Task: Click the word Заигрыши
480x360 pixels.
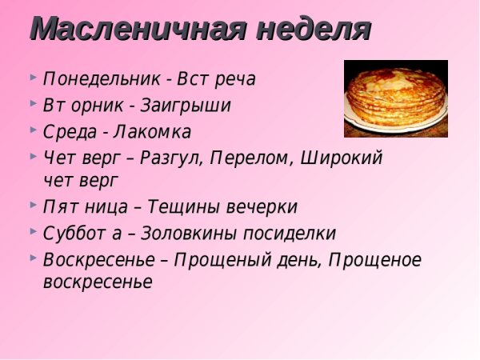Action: point(186,106)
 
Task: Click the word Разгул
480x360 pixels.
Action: point(170,158)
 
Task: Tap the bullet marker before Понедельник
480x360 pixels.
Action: point(32,79)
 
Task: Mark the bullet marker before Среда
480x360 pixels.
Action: point(32,130)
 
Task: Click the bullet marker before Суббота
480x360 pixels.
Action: point(32,232)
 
